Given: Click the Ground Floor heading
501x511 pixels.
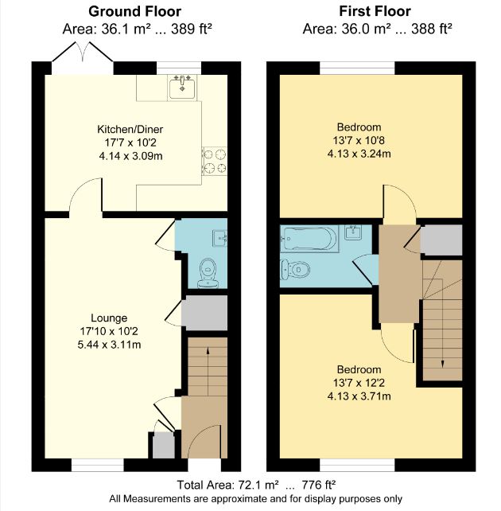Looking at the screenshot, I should point(134,11).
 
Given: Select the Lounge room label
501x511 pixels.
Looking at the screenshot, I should point(109,318).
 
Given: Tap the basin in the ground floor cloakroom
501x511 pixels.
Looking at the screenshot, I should point(220,236).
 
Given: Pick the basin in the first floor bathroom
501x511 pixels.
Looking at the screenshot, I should point(355,233).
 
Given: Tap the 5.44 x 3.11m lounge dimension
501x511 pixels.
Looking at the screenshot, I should point(109,345).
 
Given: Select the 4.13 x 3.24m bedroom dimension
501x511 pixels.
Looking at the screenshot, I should point(359,154).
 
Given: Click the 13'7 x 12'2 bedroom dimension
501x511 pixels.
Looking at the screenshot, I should point(359,383).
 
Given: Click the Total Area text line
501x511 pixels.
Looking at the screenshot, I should point(255,484).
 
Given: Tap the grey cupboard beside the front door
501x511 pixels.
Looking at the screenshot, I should point(161,447).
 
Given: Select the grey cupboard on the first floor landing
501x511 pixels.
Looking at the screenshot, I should point(441,239).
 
